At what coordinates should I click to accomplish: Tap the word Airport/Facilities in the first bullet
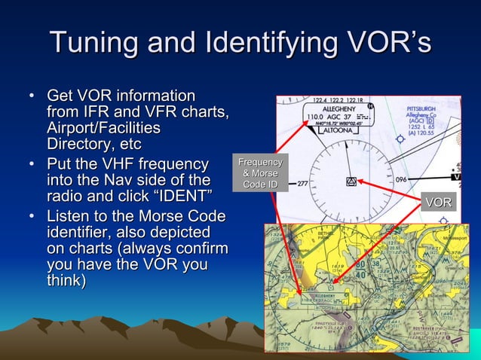point(103,129)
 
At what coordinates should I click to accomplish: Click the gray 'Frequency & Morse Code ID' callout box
point(259,173)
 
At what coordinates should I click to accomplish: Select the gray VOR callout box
point(439,202)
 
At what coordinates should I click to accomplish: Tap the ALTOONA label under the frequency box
point(331,130)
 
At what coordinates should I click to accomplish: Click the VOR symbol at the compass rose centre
point(351,181)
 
